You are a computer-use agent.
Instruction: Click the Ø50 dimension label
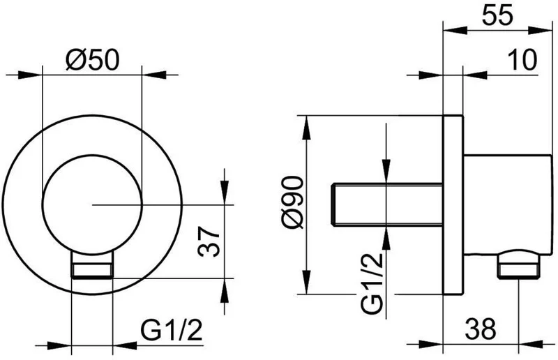click(92, 59)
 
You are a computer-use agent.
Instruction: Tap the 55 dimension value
click(497, 15)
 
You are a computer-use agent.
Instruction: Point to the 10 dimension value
click(522, 59)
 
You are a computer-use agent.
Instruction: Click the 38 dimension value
click(480, 329)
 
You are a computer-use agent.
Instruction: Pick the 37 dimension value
click(209, 241)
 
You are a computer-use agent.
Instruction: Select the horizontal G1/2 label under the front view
click(172, 331)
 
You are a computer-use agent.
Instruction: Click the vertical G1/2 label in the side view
click(372, 283)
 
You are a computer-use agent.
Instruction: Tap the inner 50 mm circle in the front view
click(43, 204)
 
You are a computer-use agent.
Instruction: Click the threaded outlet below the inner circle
click(93, 265)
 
